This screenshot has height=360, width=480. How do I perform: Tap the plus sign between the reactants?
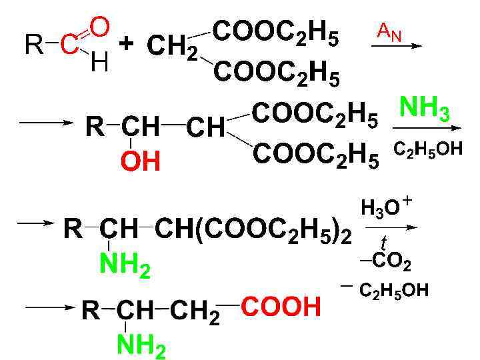click(x=127, y=43)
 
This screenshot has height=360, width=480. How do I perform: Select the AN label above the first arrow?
click(x=390, y=29)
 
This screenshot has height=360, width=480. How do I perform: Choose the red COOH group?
click(x=281, y=307)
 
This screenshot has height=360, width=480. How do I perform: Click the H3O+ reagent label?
click(x=386, y=207)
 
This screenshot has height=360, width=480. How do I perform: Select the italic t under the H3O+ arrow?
click(x=383, y=241)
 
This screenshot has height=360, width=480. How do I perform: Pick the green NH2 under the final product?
click(x=141, y=345)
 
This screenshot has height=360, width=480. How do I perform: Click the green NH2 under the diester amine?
click(x=125, y=266)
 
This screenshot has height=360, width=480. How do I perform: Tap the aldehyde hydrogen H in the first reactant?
click(x=99, y=63)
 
